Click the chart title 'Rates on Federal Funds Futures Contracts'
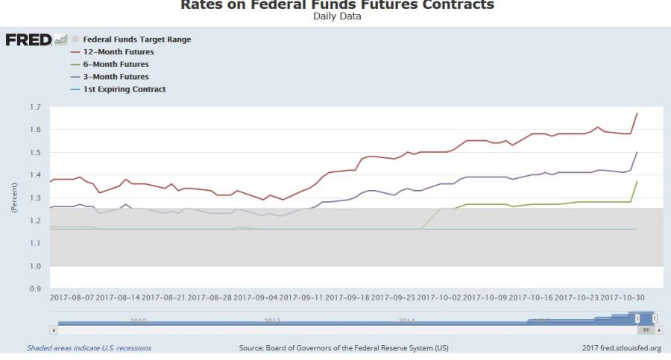[337, 5]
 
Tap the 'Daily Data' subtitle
[337, 16]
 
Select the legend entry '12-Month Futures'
[119, 52]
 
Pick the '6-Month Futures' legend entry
[116, 64]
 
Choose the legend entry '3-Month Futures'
[116, 77]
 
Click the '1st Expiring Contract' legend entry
[124, 89]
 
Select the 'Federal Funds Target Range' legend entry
[136, 40]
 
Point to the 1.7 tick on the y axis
[35, 107]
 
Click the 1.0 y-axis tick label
[35, 266]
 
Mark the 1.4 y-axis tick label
[35, 175]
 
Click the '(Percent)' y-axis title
[14, 198]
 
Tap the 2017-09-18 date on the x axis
[348, 297]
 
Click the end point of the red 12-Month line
[637, 113]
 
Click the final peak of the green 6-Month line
[637, 181]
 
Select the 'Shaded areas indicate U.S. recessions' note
[89, 348]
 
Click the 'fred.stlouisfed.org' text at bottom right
[631, 348]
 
